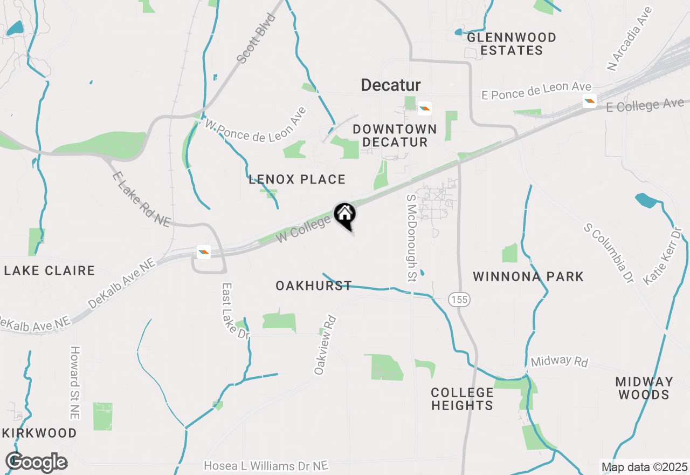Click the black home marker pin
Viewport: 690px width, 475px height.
(345, 216)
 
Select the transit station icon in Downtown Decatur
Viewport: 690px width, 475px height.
(425, 108)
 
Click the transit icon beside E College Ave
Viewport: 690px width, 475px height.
(589, 100)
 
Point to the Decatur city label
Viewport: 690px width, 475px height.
(390, 85)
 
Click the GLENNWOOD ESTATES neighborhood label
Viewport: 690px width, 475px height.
(511, 44)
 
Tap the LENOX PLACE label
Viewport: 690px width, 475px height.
(297, 180)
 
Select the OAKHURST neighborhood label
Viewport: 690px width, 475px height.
(314, 286)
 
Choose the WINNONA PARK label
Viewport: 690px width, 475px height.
(528, 277)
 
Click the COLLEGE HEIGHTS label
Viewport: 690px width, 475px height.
(462, 399)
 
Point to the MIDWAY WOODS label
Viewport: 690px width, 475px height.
(644, 388)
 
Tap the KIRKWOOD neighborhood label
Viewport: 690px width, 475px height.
(39, 433)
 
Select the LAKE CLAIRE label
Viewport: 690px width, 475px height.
(50, 270)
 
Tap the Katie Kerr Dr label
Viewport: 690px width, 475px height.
(663, 256)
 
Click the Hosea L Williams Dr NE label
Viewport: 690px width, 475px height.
(266, 465)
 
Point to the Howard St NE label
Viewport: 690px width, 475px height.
(74, 383)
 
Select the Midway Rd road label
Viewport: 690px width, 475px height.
(559, 361)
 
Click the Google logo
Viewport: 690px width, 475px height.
(36, 463)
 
